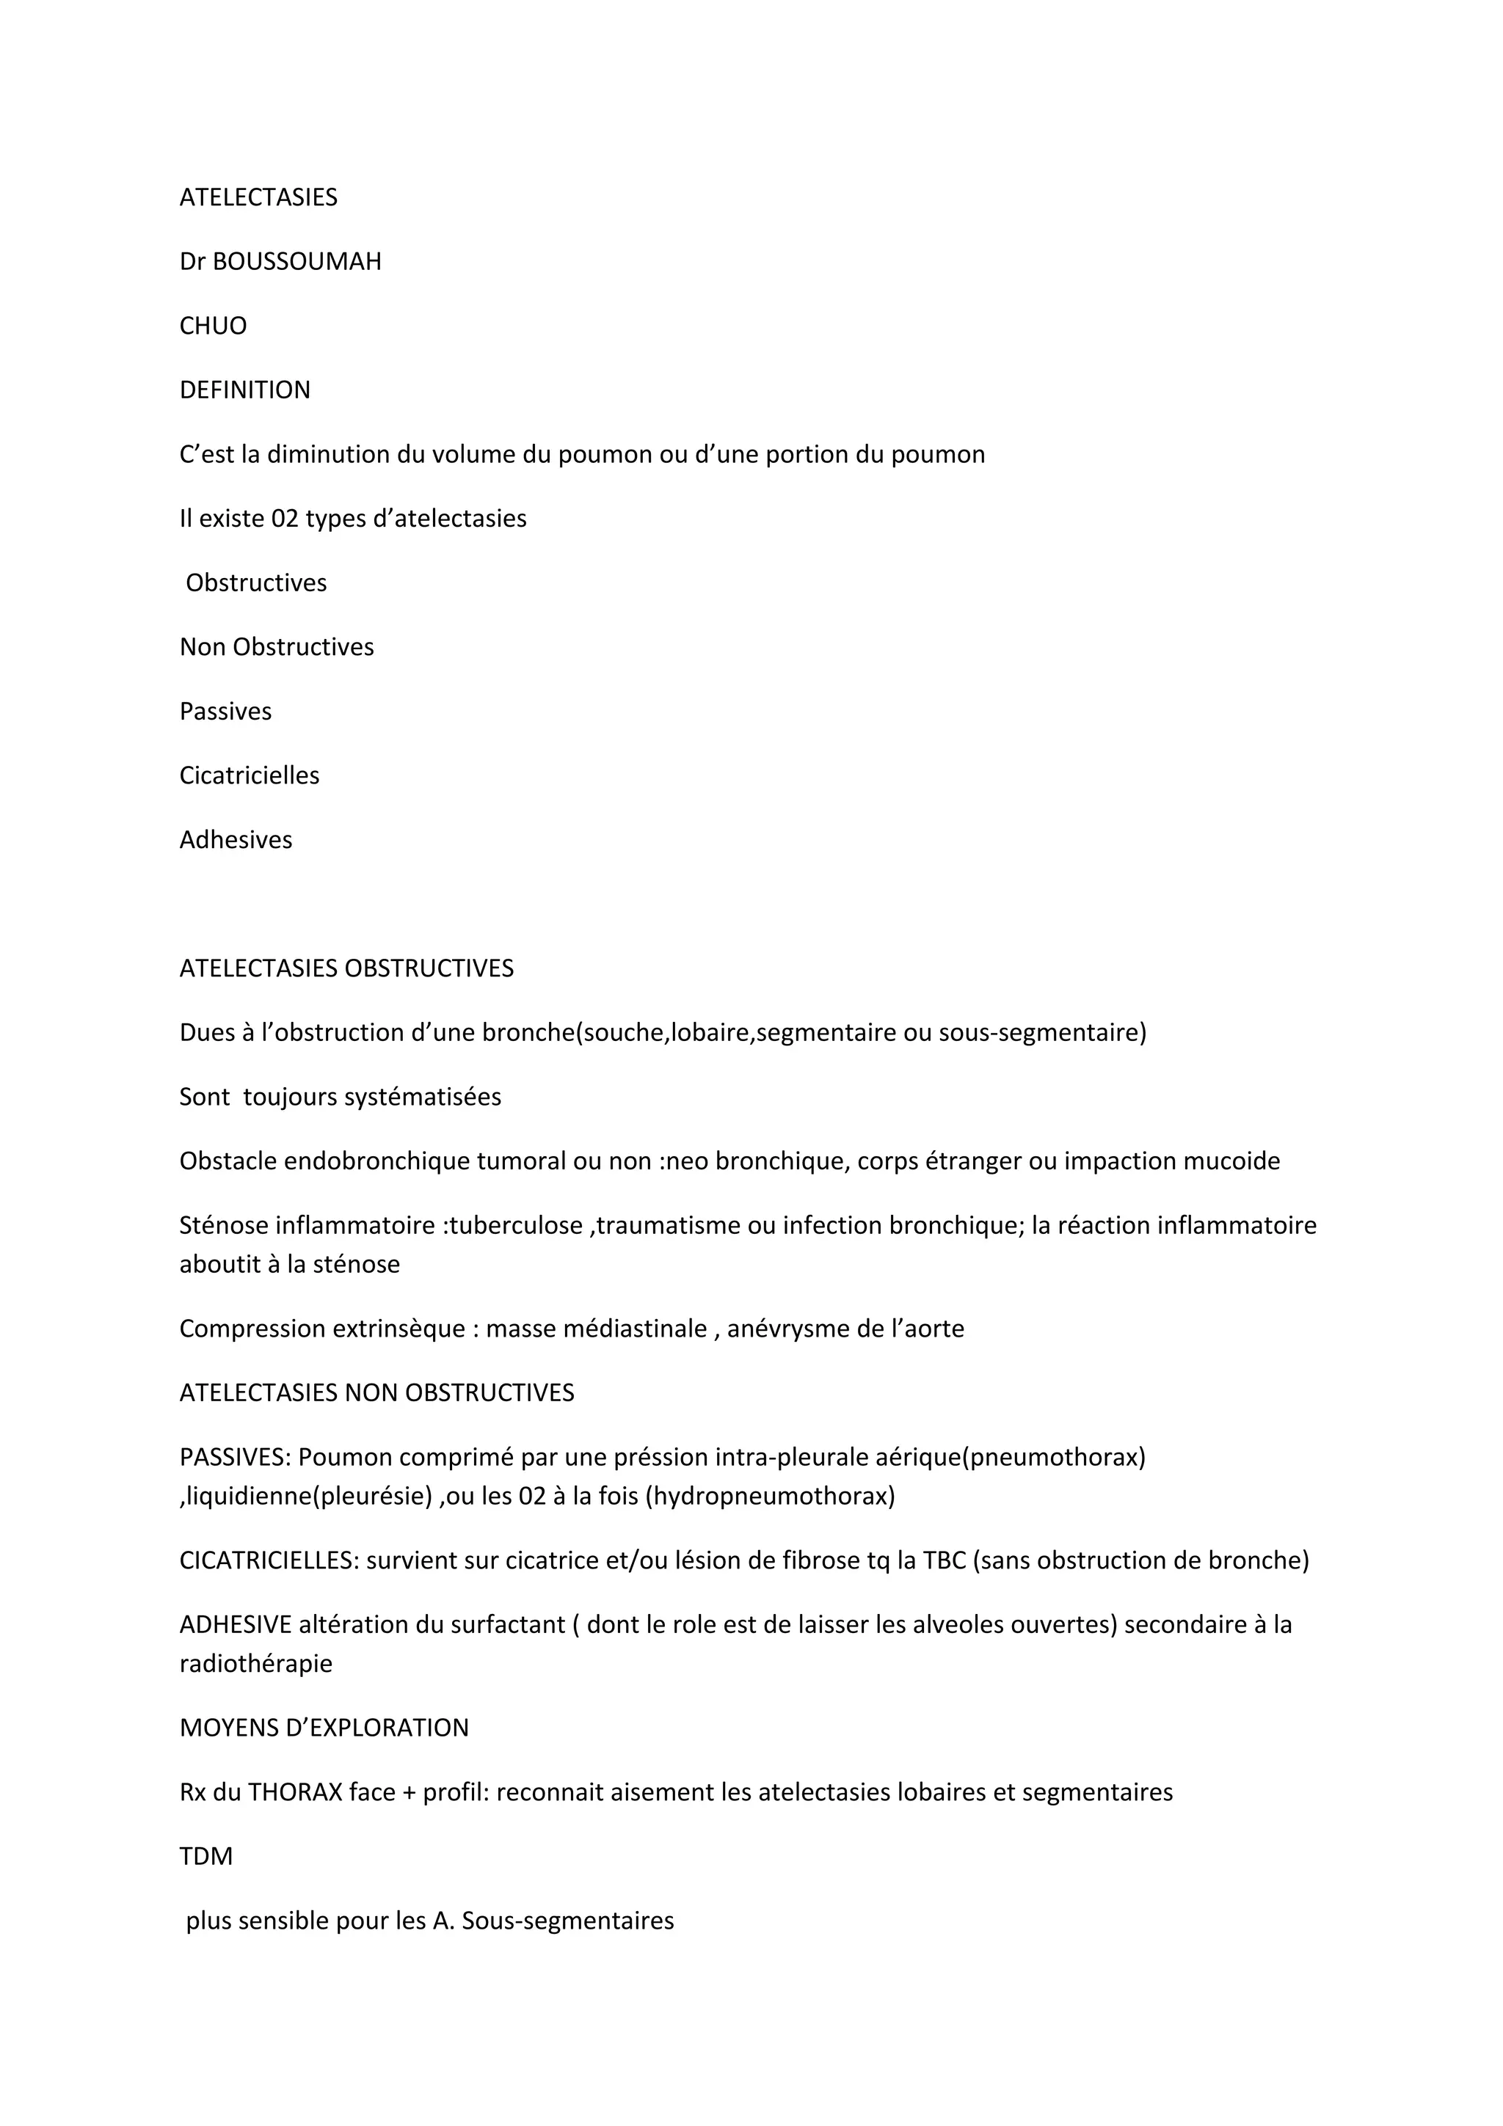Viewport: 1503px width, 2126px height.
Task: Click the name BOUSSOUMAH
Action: pyautogui.click(x=296, y=262)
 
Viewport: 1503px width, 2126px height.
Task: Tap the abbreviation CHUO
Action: pyautogui.click(x=213, y=326)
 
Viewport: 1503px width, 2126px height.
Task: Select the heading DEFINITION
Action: pyautogui.click(x=244, y=390)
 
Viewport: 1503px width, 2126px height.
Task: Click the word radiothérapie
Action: pyautogui.click(x=255, y=1663)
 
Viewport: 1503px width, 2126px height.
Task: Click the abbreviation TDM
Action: pyautogui.click(x=205, y=1857)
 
